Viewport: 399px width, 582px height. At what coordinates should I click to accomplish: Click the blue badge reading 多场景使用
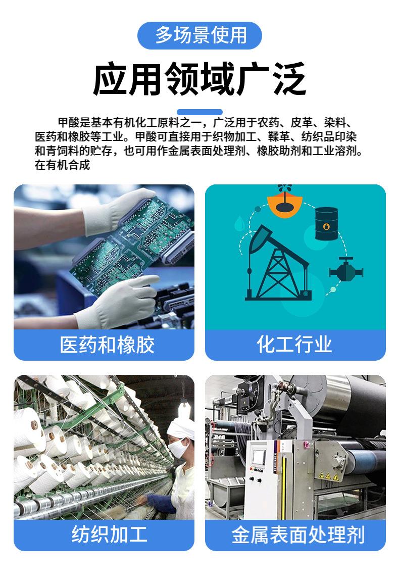tap(199, 36)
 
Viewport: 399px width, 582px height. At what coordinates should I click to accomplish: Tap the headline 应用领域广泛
tap(199, 79)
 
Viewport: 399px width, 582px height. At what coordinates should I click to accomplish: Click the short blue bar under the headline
tap(199, 112)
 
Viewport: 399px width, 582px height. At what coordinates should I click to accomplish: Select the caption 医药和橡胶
tap(107, 345)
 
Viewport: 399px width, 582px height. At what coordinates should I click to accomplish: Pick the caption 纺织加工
tap(109, 534)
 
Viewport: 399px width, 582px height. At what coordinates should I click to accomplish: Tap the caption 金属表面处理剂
tap(298, 535)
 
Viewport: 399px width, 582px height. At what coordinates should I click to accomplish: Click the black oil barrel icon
tap(326, 223)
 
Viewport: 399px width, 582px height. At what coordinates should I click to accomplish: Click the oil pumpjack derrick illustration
tap(276, 264)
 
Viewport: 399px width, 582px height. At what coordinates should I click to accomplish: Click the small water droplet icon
tap(239, 224)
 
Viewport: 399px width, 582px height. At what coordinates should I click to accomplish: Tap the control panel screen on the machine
tap(259, 457)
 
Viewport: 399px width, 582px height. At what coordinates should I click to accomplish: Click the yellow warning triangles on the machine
tap(327, 476)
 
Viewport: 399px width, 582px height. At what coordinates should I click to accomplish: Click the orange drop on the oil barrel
tap(326, 226)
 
